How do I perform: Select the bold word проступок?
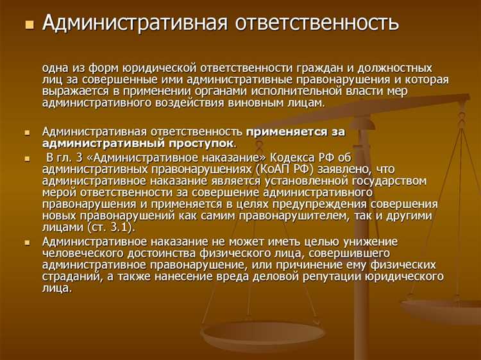point(203,143)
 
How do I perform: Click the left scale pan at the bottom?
point(262,334)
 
